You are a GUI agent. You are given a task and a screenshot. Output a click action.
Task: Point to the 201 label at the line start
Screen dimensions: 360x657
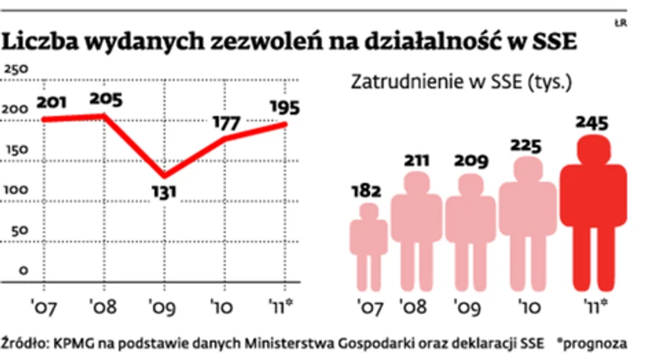[x=51, y=104]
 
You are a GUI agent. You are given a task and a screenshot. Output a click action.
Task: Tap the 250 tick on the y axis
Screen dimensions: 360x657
[x=16, y=69]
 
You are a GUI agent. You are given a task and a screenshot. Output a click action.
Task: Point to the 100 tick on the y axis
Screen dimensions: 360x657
[x=16, y=189]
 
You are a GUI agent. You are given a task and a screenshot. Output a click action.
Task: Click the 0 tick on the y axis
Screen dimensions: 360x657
[x=24, y=270]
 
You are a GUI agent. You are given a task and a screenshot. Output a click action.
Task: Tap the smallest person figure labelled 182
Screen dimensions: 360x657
[x=369, y=245]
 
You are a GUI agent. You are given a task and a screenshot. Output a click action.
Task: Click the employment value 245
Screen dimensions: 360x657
[x=592, y=124]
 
